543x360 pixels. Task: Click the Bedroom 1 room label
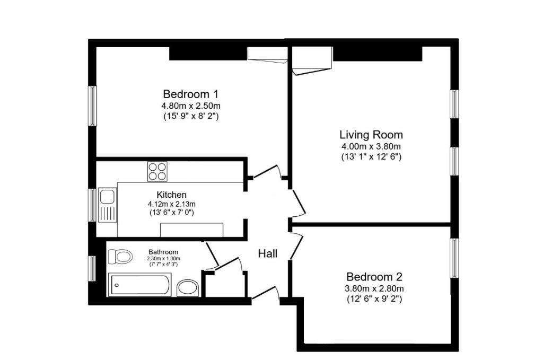pyautogui.click(x=190, y=94)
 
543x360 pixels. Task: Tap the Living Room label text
pyautogui.click(x=371, y=135)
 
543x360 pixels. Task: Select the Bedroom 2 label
pyautogui.click(x=374, y=277)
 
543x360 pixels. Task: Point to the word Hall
pyautogui.click(x=268, y=254)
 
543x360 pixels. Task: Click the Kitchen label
pyautogui.click(x=171, y=195)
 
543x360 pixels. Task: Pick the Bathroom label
pyautogui.click(x=163, y=252)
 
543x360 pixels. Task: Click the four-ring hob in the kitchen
pyautogui.click(x=157, y=171)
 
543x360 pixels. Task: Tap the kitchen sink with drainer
pyautogui.click(x=108, y=205)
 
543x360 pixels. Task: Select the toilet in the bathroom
pyautogui.click(x=120, y=257)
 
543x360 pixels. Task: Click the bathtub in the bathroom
pyautogui.click(x=140, y=285)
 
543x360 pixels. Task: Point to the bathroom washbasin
pyautogui.click(x=188, y=288)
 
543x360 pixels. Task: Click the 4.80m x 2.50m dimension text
pyautogui.click(x=191, y=105)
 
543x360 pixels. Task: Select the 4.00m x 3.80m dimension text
pyautogui.click(x=371, y=146)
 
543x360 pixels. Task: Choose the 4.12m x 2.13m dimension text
pyautogui.click(x=171, y=204)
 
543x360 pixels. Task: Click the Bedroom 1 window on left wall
pyautogui.click(x=92, y=106)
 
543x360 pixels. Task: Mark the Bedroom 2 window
pyautogui.click(x=454, y=258)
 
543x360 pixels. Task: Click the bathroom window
pyautogui.click(x=92, y=269)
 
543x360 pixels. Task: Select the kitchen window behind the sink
pyautogui.click(x=92, y=205)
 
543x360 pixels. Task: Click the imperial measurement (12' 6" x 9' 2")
pyautogui.click(x=374, y=298)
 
